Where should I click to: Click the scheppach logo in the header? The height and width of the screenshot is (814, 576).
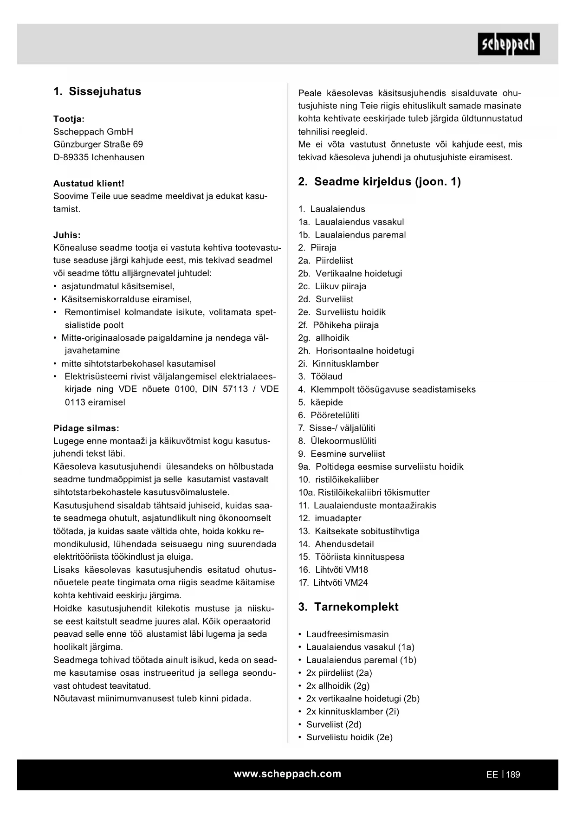(508, 44)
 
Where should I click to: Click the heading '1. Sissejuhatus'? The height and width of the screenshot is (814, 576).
(97, 91)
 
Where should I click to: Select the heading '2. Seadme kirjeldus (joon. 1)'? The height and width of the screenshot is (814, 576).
(379, 181)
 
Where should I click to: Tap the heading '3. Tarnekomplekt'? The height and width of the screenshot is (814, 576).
(348, 607)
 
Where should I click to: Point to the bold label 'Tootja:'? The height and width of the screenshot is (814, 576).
(69, 119)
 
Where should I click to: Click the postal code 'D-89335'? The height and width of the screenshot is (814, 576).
(71, 157)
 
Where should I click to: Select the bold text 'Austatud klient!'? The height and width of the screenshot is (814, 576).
(89, 183)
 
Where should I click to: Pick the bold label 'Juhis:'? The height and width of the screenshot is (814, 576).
(67, 235)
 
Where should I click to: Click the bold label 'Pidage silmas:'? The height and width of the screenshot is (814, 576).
(86, 428)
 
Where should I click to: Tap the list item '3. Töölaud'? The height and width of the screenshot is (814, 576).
(320, 376)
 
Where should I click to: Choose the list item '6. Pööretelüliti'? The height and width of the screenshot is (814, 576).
(329, 415)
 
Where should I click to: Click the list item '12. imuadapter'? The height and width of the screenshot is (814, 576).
(330, 518)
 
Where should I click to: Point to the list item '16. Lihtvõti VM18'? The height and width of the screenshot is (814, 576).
(333, 570)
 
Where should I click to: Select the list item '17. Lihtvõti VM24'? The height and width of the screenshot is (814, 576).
(333, 583)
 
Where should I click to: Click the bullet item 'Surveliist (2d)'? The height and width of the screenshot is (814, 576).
(333, 724)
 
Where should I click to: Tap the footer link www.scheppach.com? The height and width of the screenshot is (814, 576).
(287, 774)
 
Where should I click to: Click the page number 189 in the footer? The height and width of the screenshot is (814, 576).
(513, 775)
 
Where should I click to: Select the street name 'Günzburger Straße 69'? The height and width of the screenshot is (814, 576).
(98, 144)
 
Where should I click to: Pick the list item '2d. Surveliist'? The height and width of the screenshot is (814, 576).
(325, 299)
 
